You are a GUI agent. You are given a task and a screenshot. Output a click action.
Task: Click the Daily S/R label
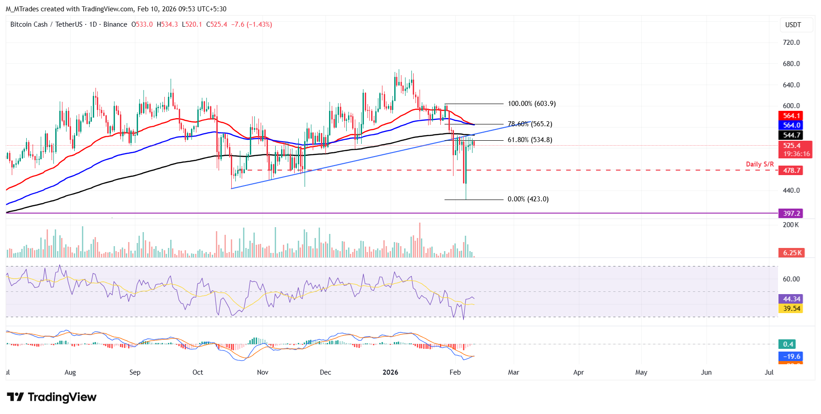[760, 164]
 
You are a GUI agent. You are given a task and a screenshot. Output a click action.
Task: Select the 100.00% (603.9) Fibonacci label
[531, 104]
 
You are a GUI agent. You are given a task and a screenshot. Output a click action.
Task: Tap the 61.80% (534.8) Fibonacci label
[530, 140]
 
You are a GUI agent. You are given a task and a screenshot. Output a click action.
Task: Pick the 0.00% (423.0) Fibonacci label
[528, 199]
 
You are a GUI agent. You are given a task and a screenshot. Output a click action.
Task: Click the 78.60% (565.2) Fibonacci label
[530, 124]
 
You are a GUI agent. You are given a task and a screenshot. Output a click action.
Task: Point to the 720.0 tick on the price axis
[791, 43]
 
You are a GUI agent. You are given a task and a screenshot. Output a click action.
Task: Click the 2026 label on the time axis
[390, 372]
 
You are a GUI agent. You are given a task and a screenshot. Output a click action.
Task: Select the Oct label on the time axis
[198, 372]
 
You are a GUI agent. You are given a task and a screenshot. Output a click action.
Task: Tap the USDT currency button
[792, 25]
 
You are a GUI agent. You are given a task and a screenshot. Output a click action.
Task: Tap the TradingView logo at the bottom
[52, 397]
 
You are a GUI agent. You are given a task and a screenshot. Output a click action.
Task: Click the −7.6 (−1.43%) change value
[252, 24]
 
